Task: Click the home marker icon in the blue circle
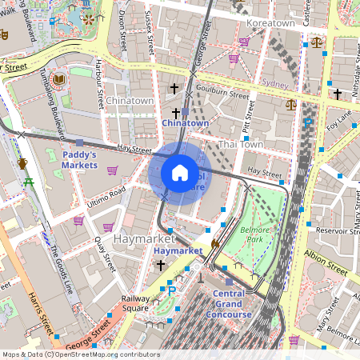[x=180, y=172]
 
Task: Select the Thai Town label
[x=240, y=144]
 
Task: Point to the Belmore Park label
[x=252, y=234]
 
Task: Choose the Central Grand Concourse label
[x=233, y=304]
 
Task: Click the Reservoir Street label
[x=338, y=230]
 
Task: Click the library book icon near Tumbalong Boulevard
[x=58, y=79]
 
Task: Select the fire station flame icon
[x=214, y=243]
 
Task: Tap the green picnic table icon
[x=30, y=183]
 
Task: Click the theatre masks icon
[x=3, y=35]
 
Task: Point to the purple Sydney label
[x=274, y=83]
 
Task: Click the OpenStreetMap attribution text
[x=80, y=354]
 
